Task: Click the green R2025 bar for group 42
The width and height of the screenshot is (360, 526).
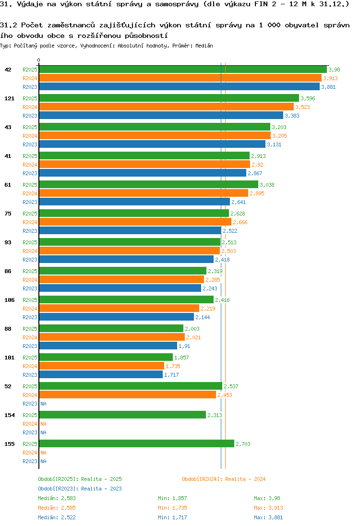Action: (182, 70)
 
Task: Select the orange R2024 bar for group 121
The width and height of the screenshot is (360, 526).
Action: (166, 107)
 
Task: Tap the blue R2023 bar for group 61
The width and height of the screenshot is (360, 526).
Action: (134, 202)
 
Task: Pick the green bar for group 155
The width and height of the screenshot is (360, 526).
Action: (136, 444)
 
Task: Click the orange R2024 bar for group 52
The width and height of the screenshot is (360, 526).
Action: (127, 395)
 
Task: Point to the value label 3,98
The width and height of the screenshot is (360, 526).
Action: (334, 70)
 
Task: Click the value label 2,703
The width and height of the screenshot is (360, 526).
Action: (243, 444)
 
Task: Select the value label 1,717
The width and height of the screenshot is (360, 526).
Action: (171, 375)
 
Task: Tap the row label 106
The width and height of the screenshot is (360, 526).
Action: (10, 300)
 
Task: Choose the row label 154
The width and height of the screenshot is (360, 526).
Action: (10, 415)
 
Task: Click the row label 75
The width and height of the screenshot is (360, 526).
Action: (8, 214)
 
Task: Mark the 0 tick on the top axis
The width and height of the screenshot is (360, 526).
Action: (39, 60)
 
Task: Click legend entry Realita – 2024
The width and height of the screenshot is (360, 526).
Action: (224, 479)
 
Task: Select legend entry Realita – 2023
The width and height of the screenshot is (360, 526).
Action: (80, 489)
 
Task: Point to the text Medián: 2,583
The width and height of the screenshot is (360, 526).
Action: (57, 498)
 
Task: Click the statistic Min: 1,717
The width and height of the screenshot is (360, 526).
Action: (172, 517)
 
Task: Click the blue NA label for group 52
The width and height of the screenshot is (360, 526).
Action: (43, 404)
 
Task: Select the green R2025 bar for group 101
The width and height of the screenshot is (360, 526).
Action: (106, 358)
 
